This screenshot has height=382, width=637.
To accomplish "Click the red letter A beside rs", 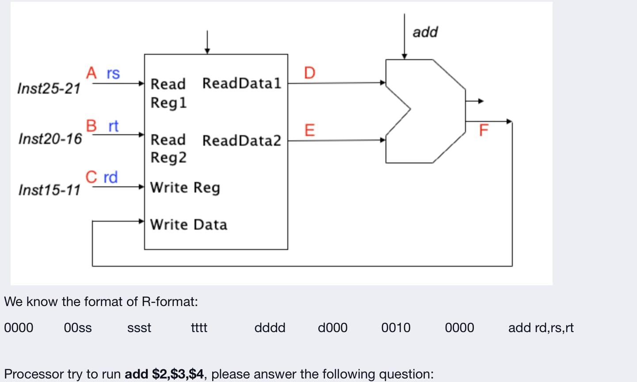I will click(92, 73).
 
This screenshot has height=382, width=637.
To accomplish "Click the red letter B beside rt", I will click(91, 126).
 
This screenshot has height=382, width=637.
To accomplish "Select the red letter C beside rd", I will click(92, 177).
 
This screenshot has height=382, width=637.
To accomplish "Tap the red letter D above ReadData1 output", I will click(310, 73).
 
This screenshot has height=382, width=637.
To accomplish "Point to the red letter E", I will click(309, 130).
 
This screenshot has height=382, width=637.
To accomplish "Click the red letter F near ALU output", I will click(484, 130).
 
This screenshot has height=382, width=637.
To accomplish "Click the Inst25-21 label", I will click(49, 88).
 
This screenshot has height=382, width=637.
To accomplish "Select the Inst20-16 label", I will click(50, 139).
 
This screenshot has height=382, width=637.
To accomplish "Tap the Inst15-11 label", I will click(50, 190).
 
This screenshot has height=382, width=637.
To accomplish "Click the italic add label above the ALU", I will click(425, 32).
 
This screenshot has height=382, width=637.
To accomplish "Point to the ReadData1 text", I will click(241, 83).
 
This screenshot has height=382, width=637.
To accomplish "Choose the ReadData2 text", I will click(241, 140).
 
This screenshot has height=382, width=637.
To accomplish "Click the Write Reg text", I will click(185, 188).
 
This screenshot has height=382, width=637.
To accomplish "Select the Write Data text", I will click(188, 224).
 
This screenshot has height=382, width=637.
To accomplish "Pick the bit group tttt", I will click(199, 328).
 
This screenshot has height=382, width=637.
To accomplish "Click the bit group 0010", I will click(396, 328).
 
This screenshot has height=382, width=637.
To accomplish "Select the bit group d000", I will click(332, 328).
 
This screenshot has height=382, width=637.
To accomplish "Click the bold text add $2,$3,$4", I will click(164, 374).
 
